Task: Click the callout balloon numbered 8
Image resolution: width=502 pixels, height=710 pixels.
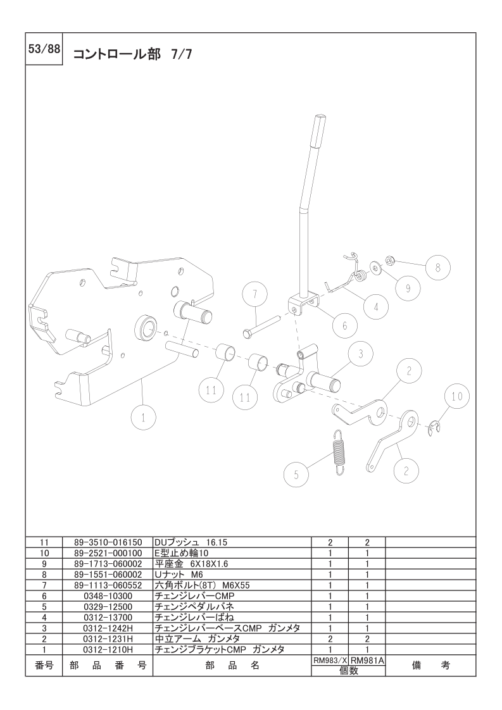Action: click(438, 267)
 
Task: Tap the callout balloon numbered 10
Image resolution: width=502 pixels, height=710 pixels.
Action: click(456, 396)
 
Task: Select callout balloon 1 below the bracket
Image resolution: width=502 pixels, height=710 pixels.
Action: click(144, 418)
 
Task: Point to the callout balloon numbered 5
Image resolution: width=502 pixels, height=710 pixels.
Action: click(296, 474)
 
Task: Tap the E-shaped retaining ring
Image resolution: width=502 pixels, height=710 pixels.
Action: click(434, 428)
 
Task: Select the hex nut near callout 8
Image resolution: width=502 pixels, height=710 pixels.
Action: click(390, 260)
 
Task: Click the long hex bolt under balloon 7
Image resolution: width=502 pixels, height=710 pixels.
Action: click(262, 327)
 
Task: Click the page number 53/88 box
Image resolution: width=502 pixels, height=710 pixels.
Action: click(44, 49)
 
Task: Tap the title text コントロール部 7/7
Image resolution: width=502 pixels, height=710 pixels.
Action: click(133, 54)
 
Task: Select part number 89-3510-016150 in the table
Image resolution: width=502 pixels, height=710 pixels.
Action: click(108, 542)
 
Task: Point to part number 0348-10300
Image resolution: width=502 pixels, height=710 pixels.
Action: click(108, 596)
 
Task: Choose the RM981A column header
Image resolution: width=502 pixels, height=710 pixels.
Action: click(367, 661)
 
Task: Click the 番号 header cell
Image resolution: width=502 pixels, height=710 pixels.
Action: click(44, 665)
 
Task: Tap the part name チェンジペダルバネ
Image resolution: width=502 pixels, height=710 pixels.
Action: click(194, 607)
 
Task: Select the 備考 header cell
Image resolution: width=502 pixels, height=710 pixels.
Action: click(430, 665)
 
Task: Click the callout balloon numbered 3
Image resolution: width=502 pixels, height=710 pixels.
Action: click(361, 354)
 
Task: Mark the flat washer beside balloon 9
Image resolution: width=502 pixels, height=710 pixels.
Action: click(375, 268)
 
